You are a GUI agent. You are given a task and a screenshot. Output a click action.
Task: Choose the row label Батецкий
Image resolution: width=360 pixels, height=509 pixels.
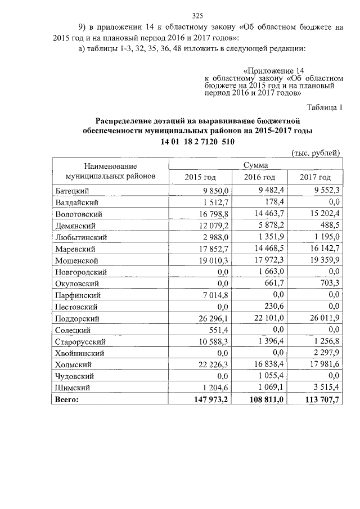(x=73, y=190)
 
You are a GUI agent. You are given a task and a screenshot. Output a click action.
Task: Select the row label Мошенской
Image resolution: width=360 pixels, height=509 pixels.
(x=78, y=260)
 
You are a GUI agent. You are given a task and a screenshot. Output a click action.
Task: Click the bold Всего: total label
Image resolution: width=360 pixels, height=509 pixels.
(x=67, y=399)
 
